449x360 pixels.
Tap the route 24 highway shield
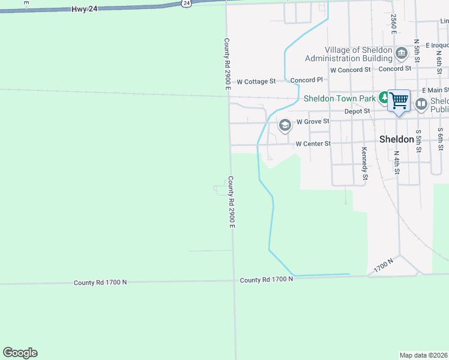187,3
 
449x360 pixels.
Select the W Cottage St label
256,81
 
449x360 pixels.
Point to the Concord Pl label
307,80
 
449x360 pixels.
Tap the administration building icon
401,55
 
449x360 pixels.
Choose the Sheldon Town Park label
339,98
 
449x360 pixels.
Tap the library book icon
421,104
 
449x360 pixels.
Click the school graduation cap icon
285,125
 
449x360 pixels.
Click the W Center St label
313,144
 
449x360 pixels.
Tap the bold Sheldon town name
397,139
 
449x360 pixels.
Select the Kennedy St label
364,164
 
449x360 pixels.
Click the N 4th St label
397,162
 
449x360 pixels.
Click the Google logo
20,353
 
